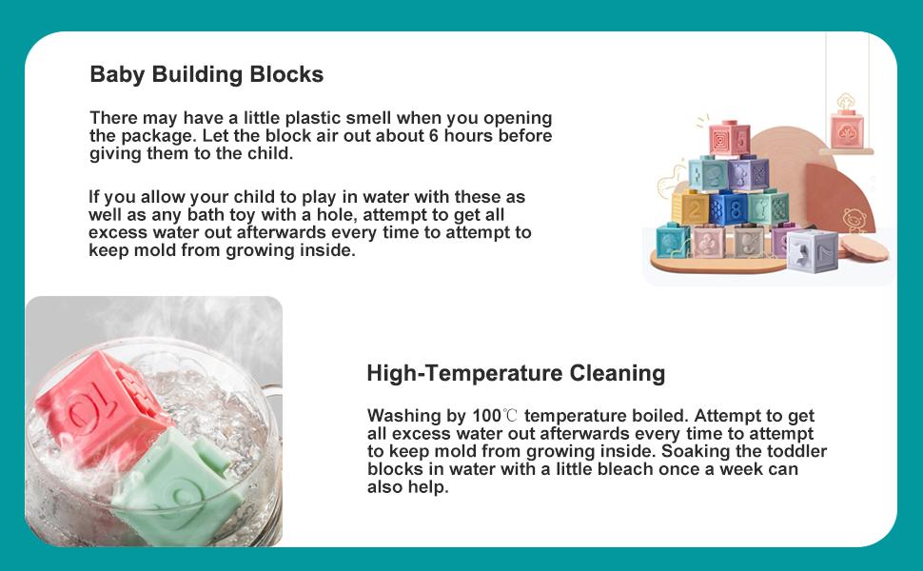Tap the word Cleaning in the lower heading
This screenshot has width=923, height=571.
tap(618, 373)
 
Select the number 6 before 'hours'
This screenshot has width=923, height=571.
tap(433, 136)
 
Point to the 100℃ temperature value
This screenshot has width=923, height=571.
tap(495, 416)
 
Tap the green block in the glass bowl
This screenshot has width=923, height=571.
tap(177, 482)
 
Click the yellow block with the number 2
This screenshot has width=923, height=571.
tap(691, 207)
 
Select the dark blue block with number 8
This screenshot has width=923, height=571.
tap(729, 207)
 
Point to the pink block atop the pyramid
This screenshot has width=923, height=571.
tap(729, 138)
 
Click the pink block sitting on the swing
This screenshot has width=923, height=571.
tap(847, 129)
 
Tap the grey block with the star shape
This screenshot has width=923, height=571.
tap(812, 251)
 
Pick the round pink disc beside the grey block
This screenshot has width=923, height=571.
tap(864, 247)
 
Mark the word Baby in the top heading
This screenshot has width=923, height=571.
tap(117, 75)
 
